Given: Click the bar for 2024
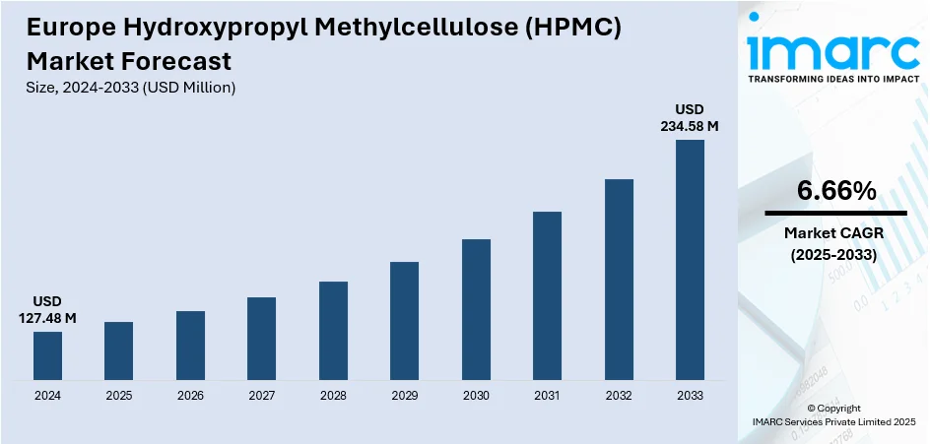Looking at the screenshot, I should pos(47,355).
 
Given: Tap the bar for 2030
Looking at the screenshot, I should pos(476,309).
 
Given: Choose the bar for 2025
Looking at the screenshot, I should pos(118,350).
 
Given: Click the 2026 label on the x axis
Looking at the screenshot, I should pos(190,396).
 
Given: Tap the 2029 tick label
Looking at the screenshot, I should pos(404,396).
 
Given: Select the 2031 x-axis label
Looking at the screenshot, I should pos(547,396).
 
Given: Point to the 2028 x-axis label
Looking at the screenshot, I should pos(333,396).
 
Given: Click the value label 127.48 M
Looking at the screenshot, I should pos(47,318).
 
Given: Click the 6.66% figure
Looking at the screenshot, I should pos(835,192).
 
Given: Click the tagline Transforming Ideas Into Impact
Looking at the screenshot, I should pos(833,79).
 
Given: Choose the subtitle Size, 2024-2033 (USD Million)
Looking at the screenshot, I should pos(131,88).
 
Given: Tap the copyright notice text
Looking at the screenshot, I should pos(833,414).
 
